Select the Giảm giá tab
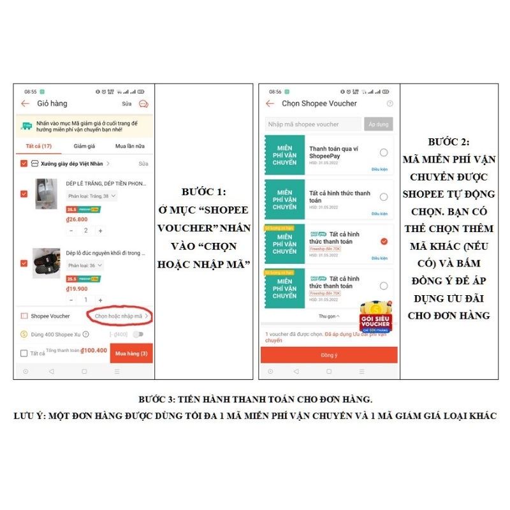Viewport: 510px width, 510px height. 84,146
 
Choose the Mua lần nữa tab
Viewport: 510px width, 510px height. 129,146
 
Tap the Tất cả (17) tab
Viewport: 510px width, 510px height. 38,146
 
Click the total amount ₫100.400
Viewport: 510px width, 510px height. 94,350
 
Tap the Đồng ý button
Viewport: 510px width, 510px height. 329,355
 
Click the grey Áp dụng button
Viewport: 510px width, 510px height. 379,124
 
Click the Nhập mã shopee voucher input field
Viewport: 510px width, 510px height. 312,124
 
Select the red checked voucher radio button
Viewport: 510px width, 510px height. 384,242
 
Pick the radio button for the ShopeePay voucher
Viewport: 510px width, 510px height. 384,152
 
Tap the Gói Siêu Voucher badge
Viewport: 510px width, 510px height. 375,317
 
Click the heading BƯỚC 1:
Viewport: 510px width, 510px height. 204,191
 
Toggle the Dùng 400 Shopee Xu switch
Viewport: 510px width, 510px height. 138,334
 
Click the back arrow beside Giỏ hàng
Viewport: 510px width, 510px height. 25,103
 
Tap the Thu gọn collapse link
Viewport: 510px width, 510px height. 329,316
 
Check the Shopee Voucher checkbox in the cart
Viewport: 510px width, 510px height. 24,316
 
